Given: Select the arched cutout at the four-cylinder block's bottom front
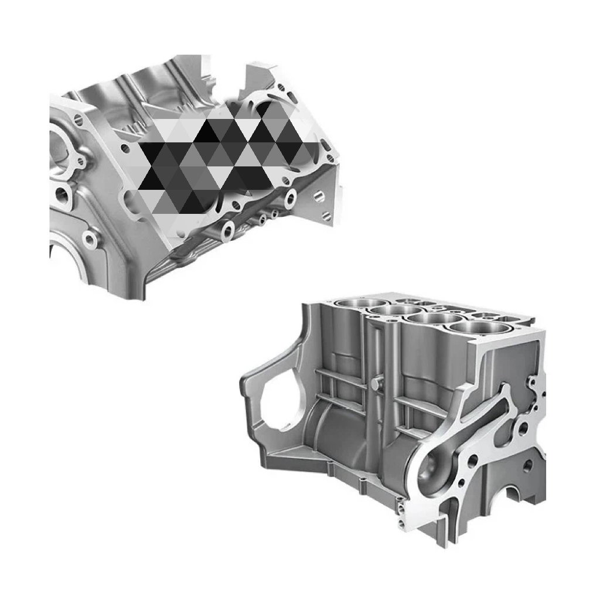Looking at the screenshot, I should [515, 498].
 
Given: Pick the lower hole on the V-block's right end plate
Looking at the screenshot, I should [323, 213].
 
